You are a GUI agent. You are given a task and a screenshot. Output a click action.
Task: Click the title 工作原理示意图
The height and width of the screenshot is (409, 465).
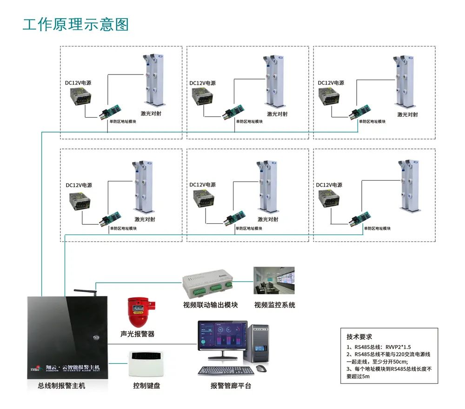click(76, 24)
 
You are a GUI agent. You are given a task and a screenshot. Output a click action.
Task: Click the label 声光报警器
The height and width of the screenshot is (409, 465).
click(137, 334)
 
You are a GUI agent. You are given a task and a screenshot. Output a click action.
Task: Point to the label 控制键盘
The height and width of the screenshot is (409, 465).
click(146, 386)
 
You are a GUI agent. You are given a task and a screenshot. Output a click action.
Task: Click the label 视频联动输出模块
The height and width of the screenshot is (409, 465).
click(211, 305)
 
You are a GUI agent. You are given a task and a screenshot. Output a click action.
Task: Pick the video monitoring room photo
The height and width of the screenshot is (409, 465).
click(274, 281)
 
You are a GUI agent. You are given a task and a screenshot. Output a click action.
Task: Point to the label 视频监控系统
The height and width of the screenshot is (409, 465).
click(274, 305)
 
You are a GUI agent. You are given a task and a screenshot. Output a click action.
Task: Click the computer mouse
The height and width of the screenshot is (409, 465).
click(261, 369)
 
